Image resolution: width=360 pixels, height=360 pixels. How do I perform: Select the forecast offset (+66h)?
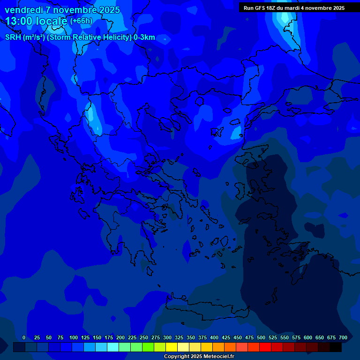[81, 22]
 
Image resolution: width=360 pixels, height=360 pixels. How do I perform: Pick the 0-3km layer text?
[144, 37]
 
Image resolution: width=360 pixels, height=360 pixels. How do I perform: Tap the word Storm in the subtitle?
[60, 37]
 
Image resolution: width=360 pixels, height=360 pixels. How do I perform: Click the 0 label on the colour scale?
[24, 337]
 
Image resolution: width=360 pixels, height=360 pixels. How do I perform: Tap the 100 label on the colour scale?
[74, 337]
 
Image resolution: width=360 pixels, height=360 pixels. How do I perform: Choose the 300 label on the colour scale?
[167, 337]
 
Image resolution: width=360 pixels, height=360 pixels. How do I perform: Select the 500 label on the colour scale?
[261, 337]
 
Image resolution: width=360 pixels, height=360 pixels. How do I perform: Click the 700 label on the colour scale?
[343, 337]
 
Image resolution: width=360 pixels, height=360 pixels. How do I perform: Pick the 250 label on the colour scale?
[144, 337]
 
